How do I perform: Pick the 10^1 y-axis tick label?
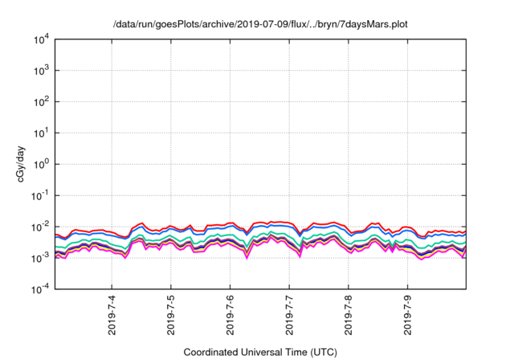(x=43, y=133)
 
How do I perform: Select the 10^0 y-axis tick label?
(x=43, y=164)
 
